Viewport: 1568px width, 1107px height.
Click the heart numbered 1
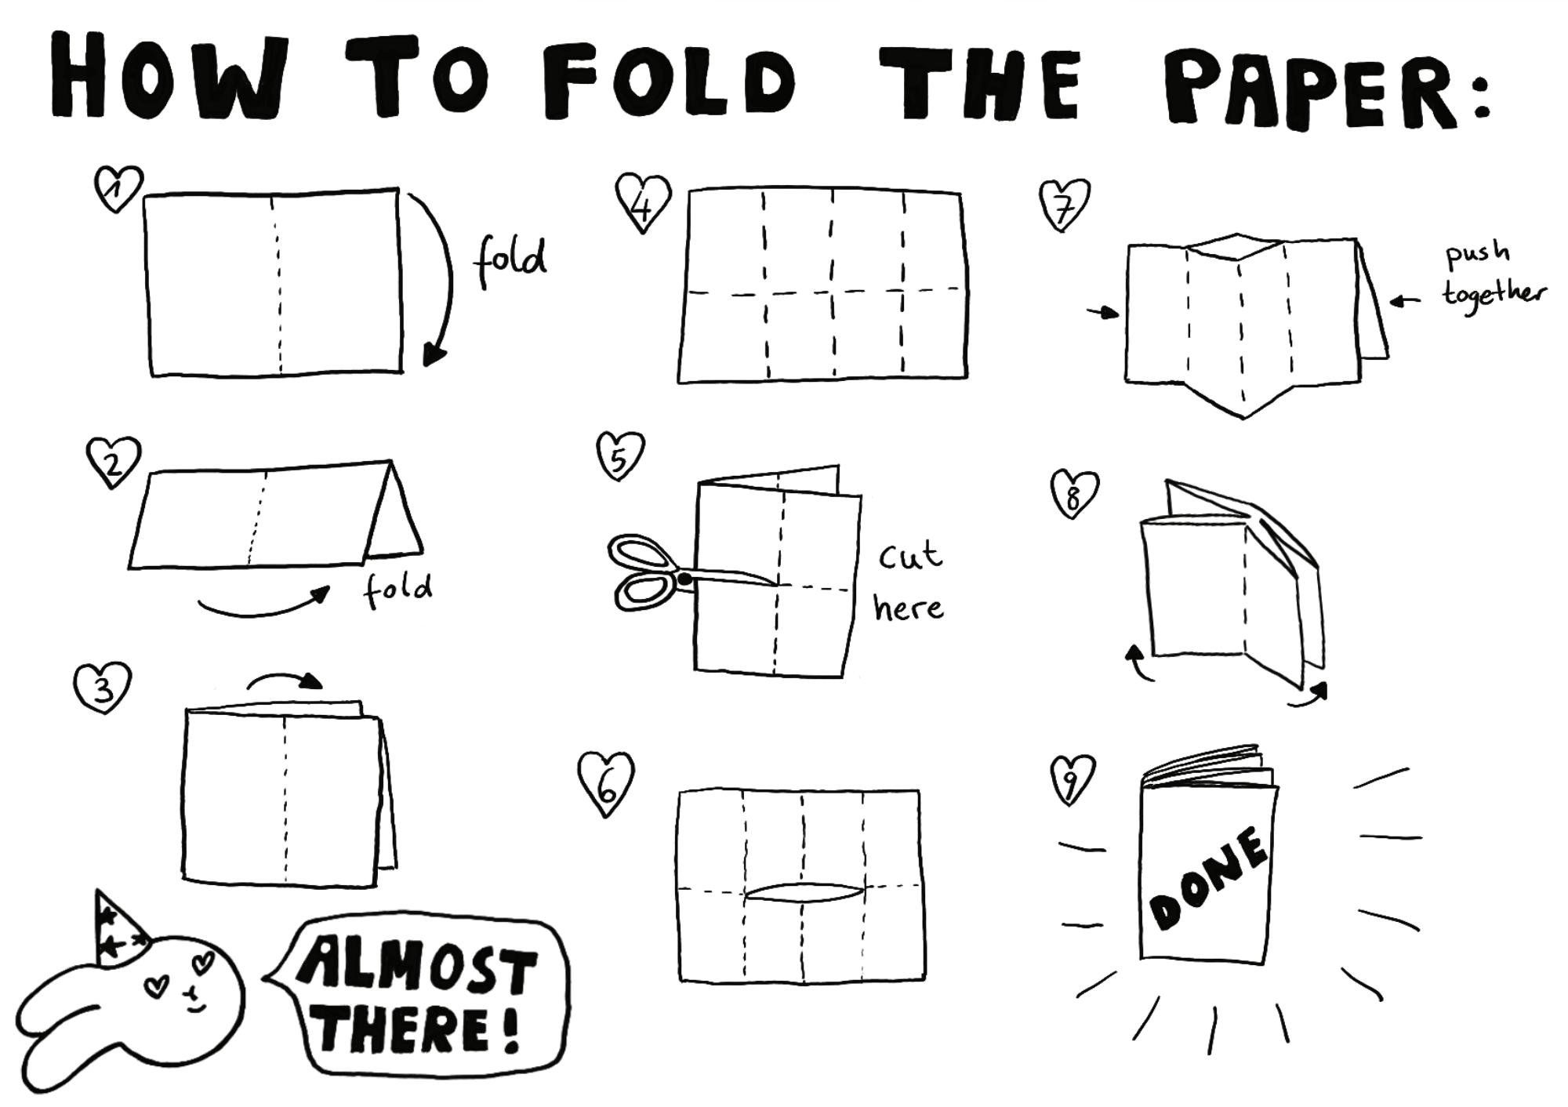(118, 188)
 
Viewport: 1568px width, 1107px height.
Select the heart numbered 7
(1065, 204)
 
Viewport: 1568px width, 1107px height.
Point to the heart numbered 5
(620, 455)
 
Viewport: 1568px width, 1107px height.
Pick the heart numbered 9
(1072, 779)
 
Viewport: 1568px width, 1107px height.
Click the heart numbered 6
(605, 782)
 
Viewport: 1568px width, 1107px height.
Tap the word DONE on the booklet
(1208, 878)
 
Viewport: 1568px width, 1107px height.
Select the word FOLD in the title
(666, 82)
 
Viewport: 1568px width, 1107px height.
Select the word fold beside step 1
(510, 259)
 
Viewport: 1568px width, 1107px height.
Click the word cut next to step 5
(909, 555)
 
